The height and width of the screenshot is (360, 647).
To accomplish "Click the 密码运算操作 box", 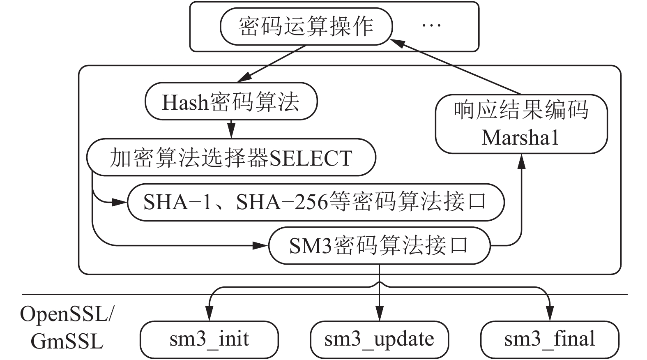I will click(306, 27).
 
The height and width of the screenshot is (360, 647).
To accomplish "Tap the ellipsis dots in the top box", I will click(431, 26).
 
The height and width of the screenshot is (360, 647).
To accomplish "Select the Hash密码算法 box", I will click(231, 102).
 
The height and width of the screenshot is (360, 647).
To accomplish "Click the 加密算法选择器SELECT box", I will click(231, 158).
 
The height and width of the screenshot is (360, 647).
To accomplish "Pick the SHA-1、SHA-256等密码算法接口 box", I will click(315, 202).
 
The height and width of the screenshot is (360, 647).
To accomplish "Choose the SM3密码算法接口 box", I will click(379, 246).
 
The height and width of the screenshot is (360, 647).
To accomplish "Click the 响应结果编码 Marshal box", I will click(521, 124).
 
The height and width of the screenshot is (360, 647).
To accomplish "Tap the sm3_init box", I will click(209, 339).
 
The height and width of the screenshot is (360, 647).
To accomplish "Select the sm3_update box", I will click(379, 339).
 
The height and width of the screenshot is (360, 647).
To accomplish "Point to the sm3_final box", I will click(549, 339).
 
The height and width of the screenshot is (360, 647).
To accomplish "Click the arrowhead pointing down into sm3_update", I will click(379, 316).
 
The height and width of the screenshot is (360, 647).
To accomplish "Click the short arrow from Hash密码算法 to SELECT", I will click(231, 129).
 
